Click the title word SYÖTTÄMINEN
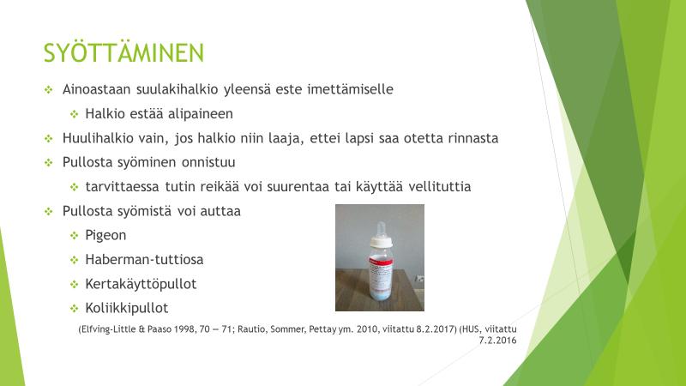pyautogui.click(x=123, y=53)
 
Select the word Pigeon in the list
pyautogui.click(x=105, y=235)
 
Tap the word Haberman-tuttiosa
pyautogui.click(x=144, y=260)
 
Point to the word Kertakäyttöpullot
pyautogui.click(x=141, y=284)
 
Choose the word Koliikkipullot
pyautogui.click(x=127, y=308)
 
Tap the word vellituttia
pyautogui.click(x=440, y=187)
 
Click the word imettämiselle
pyautogui.click(x=350, y=89)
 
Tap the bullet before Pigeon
pyautogui.click(x=75, y=236)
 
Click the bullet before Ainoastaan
pyautogui.click(x=49, y=90)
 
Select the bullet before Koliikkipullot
pyautogui.click(x=75, y=309)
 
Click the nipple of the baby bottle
pyautogui.click(x=381, y=230)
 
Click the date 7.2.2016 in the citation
pyautogui.click(x=497, y=341)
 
